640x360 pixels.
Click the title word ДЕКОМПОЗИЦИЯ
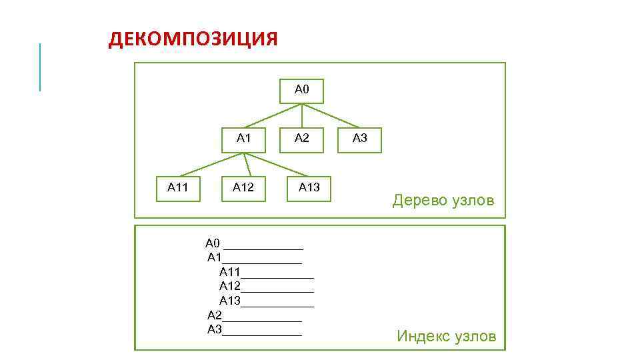click(193, 39)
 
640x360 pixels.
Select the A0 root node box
click(301, 91)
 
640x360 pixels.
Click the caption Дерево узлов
click(443, 200)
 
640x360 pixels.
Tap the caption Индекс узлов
click(447, 336)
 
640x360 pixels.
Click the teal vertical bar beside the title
click(40, 67)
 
